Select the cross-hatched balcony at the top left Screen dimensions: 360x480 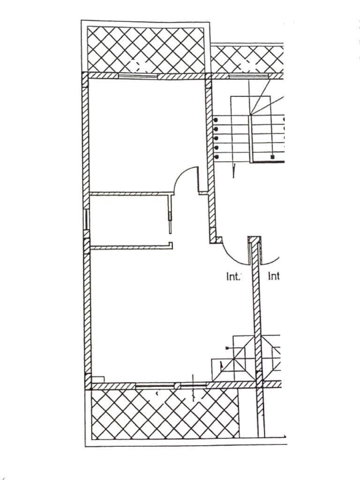tap(146, 49)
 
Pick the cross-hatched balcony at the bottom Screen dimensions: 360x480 tap(164, 413)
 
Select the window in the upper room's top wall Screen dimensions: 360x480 tap(137, 76)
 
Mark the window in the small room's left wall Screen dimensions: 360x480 tap(86, 219)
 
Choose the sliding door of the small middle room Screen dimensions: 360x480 tap(171, 213)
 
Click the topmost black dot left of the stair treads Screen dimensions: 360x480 tap(216, 120)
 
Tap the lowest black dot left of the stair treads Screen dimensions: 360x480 tap(216, 157)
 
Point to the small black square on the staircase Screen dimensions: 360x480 tap(273, 157)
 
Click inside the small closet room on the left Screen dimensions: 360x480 tap(127, 220)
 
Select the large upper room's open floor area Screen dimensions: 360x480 tap(143, 133)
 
